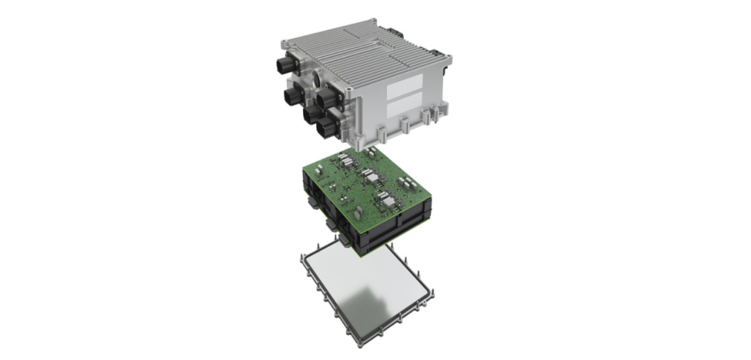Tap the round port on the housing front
point(316,78)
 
